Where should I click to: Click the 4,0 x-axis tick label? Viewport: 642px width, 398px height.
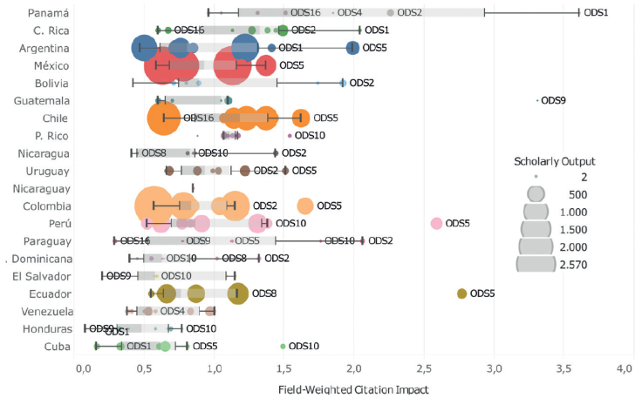[625, 369]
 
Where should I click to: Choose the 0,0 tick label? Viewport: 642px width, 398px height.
[84, 369]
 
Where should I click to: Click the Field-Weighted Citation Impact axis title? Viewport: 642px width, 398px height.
[354, 388]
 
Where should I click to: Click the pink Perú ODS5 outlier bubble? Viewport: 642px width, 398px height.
[436, 224]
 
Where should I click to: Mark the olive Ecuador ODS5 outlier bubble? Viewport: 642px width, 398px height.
[461, 293]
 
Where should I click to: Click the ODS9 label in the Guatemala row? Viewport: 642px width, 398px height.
[553, 100]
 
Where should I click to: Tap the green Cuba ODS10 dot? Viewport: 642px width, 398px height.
[283, 347]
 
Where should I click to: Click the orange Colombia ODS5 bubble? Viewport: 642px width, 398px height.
[304, 206]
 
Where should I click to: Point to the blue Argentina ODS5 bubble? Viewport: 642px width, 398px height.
[352, 48]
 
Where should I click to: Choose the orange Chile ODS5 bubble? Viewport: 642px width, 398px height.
[301, 118]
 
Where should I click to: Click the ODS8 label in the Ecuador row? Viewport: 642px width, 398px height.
[263, 293]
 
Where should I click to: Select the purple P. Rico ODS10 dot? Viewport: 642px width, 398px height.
[290, 136]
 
